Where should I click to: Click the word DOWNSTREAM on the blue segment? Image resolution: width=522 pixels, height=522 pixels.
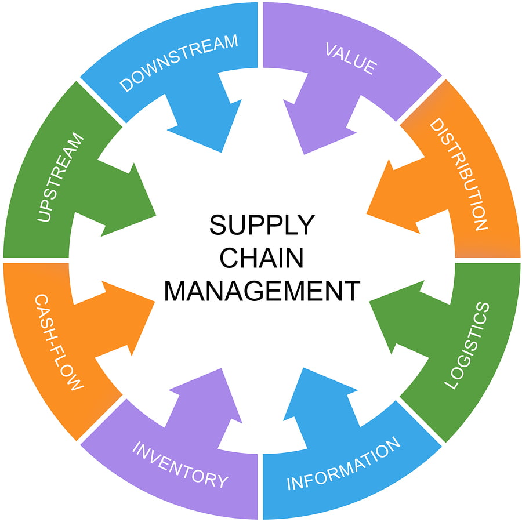point(179,63)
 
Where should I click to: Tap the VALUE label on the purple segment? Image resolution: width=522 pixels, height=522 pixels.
point(350,58)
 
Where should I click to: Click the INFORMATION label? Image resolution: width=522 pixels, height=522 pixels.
point(343,465)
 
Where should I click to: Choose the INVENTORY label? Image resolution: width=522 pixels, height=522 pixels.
point(180,464)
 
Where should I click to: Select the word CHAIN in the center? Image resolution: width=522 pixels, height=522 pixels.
point(262,258)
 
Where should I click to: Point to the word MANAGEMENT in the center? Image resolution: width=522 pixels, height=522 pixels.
point(262,291)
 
